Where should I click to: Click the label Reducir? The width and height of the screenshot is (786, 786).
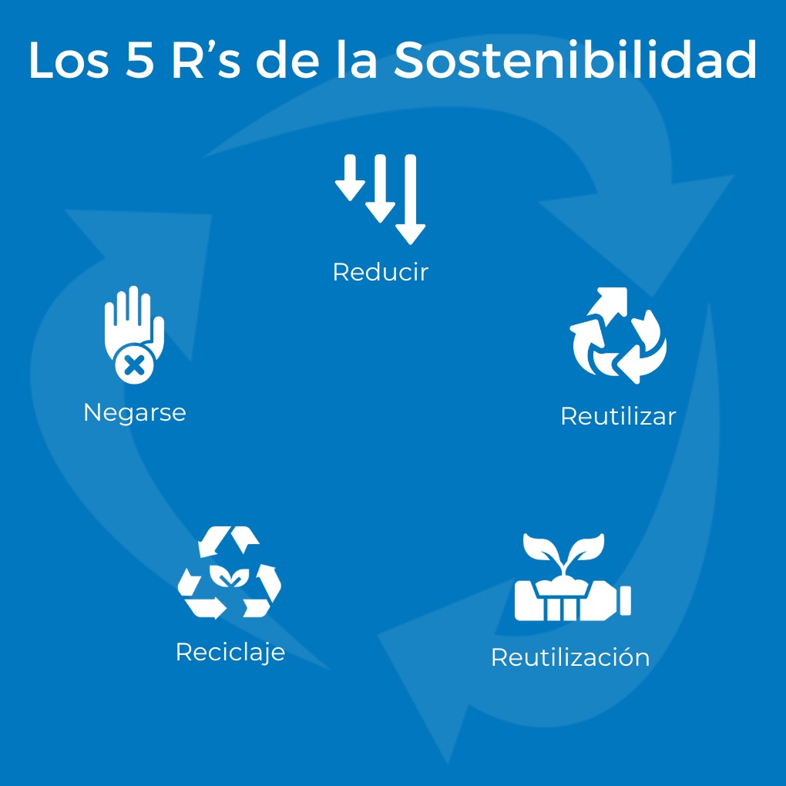click(380, 272)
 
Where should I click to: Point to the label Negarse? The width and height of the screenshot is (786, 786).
click(135, 412)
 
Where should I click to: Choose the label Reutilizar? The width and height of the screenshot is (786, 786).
click(618, 416)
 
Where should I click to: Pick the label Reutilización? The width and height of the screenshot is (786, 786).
click(570, 657)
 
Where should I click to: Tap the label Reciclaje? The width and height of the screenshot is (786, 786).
click(230, 652)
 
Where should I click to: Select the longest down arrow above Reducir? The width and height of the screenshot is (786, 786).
click(411, 199)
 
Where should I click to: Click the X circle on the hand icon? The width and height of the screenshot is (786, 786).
click(134, 364)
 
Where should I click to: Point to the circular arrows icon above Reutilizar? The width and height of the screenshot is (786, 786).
click(618, 336)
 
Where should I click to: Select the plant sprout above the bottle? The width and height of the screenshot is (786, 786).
click(564, 554)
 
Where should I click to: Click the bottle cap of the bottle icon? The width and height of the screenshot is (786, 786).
click(624, 600)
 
